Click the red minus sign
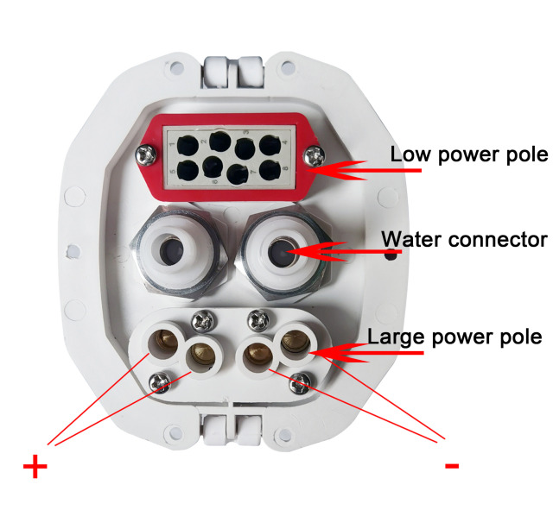451,466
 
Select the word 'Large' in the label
394,336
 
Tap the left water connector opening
176,253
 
